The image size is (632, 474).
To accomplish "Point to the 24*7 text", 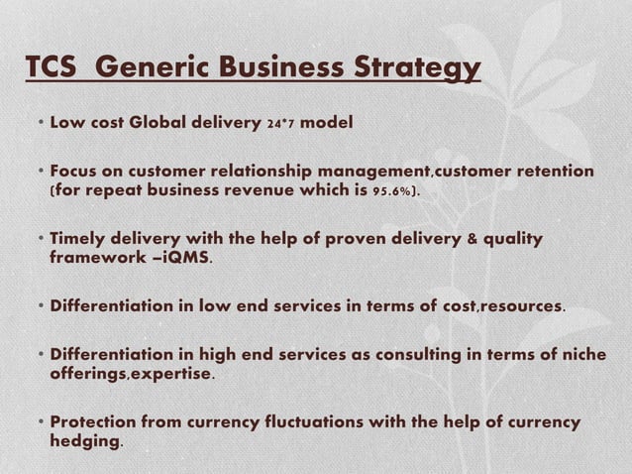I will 280,124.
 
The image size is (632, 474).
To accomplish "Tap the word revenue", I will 249,189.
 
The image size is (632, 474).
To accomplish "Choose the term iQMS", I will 187,258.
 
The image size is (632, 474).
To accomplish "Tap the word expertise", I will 172,374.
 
